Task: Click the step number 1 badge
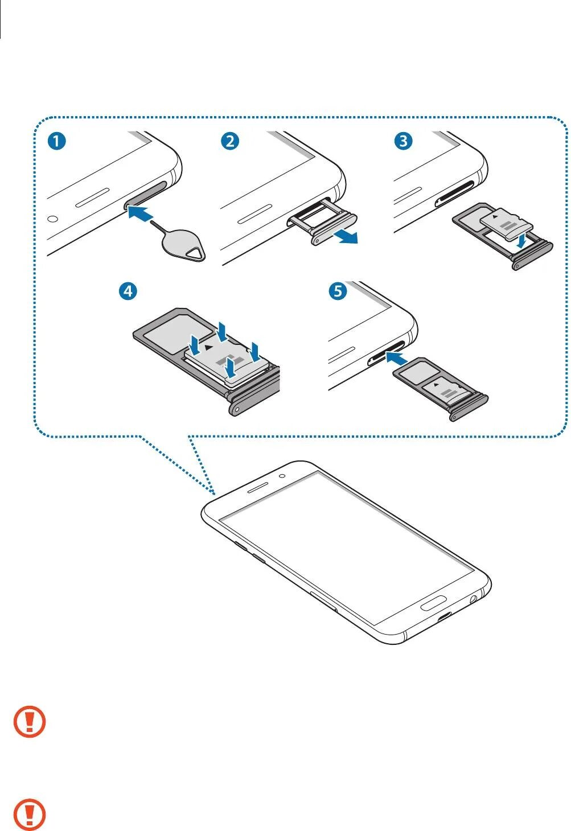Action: coord(56,141)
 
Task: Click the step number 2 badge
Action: coord(230,141)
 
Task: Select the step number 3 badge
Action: coord(404,141)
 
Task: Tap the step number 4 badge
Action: coord(128,291)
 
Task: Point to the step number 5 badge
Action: coord(338,291)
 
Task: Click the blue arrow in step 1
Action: coord(139,215)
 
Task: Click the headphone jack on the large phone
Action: coord(473,599)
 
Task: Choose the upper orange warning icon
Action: coord(30,722)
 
